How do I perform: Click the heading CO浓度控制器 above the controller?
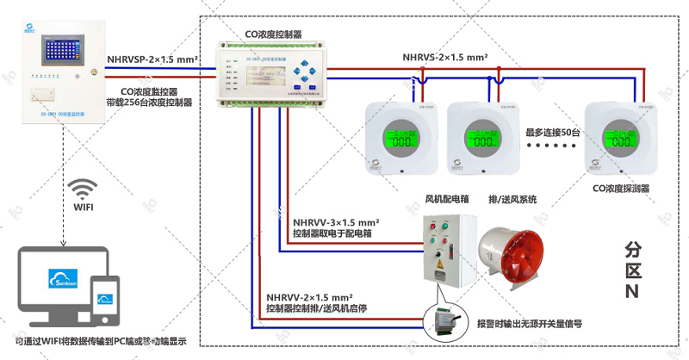[x=273, y=34]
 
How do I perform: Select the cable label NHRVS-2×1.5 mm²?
[x=445, y=59]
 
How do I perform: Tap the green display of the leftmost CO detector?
[x=400, y=137]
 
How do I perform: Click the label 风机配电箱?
[x=446, y=199]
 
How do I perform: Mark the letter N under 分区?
[x=633, y=289]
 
